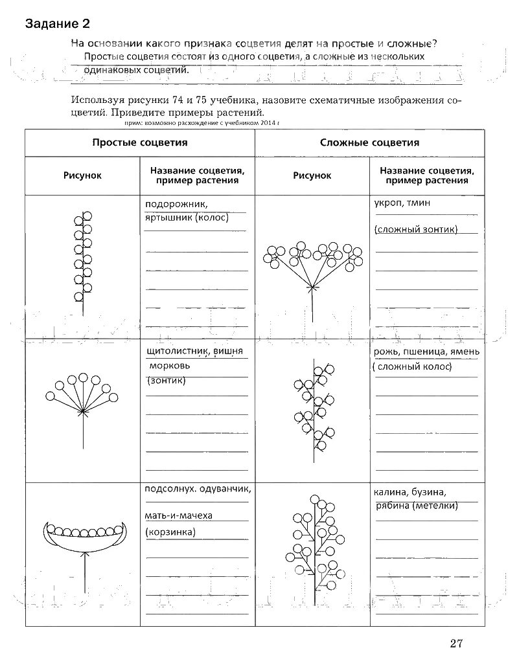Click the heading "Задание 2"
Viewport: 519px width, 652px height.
[57, 25]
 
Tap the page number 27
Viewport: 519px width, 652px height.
[456, 642]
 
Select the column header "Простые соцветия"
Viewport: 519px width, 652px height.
[139, 142]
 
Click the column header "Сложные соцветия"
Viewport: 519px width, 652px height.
[369, 142]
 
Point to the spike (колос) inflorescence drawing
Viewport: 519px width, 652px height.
[82, 259]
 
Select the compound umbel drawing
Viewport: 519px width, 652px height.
[313, 265]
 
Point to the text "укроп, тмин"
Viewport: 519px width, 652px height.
[402, 203]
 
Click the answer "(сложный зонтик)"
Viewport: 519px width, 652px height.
[416, 229]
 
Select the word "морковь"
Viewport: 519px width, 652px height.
[168, 366]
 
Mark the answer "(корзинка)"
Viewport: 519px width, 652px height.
[171, 532]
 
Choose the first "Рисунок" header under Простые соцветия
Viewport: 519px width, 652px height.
[82, 175]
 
